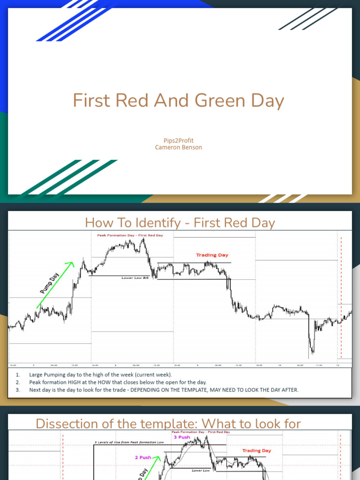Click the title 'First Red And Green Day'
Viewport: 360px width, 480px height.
(179, 101)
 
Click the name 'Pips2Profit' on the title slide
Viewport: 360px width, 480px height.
(179, 140)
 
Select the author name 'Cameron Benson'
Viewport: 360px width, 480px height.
(179, 147)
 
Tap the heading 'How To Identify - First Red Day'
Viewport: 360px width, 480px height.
(180, 223)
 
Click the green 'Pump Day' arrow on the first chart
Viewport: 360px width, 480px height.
(55, 285)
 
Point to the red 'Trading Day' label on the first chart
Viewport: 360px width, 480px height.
(212, 255)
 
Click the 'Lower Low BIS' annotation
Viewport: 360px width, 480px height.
(135, 278)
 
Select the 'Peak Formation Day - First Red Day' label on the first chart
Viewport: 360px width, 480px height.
(130, 235)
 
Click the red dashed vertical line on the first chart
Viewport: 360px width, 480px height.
(341, 300)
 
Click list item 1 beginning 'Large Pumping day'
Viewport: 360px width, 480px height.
(100, 375)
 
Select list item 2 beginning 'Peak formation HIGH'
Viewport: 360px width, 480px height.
(118, 382)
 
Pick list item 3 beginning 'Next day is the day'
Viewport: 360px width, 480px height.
(163, 390)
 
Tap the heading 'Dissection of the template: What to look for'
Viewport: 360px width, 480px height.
(168, 424)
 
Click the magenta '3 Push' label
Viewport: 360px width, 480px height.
(181, 437)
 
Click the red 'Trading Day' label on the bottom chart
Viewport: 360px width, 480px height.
(256, 450)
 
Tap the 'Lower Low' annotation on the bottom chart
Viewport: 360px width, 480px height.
(201, 470)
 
